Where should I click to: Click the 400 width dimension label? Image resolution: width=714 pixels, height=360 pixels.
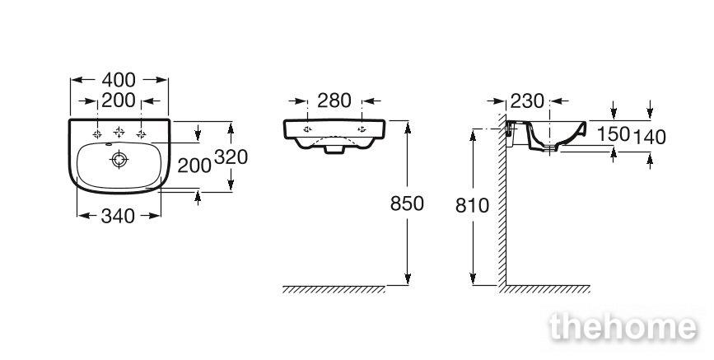pyautogui.click(x=119, y=80)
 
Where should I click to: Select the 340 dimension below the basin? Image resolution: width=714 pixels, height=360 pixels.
pyautogui.click(x=118, y=216)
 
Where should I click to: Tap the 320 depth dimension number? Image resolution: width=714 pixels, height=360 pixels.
pyautogui.click(x=231, y=157)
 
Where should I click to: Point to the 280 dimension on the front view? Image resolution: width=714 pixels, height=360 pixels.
pyautogui.click(x=334, y=101)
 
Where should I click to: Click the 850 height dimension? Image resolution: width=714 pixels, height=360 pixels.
pyautogui.click(x=407, y=203)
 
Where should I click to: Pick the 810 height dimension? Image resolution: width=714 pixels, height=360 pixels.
pyautogui.click(x=472, y=206)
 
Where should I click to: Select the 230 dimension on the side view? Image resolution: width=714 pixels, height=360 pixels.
pyautogui.click(x=527, y=101)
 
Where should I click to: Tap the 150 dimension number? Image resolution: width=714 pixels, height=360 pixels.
pyautogui.click(x=614, y=134)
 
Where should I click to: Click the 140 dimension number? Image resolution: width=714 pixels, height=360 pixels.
pyautogui.click(x=650, y=137)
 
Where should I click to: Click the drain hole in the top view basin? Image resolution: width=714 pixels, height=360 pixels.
pyautogui.click(x=119, y=160)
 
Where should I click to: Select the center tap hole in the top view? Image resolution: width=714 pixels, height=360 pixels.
pyautogui.click(x=119, y=132)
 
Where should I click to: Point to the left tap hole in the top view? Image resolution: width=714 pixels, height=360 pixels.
pyautogui.click(x=97, y=134)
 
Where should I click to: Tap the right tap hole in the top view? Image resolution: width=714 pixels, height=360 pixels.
pyautogui.click(x=141, y=134)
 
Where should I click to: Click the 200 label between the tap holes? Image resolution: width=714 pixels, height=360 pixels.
pyautogui.click(x=119, y=101)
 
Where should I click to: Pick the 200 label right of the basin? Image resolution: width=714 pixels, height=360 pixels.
pyautogui.click(x=194, y=166)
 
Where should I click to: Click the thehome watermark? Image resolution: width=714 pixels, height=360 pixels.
pyautogui.click(x=623, y=327)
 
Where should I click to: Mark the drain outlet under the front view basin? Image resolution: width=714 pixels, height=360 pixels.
pyautogui.click(x=334, y=149)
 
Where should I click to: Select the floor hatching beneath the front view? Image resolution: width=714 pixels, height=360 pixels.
pyautogui.click(x=334, y=289)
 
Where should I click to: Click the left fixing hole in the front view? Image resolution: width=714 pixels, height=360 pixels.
pyautogui.click(x=307, y=129)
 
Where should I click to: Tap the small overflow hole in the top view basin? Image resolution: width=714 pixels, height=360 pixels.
pyautogui.click(x=109, y=145)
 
